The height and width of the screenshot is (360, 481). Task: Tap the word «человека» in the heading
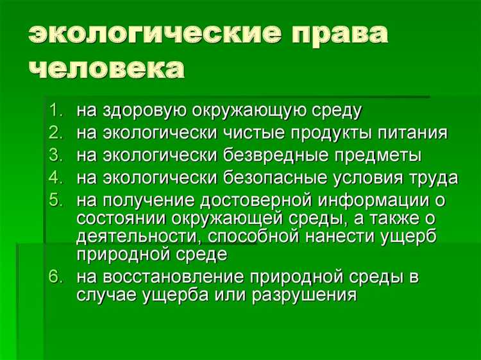point(105,68)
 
